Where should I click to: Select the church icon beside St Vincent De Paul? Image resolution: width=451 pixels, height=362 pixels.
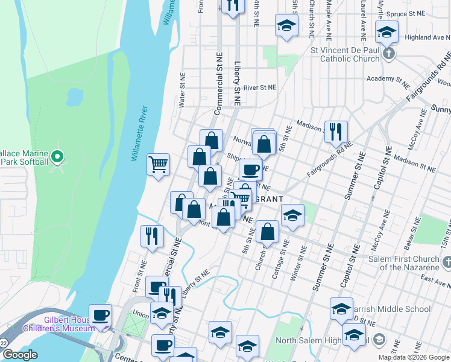coord(389,54)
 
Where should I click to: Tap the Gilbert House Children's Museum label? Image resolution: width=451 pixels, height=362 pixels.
coord(59,325)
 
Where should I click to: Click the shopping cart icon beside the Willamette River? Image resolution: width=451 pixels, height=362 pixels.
coord(158,164)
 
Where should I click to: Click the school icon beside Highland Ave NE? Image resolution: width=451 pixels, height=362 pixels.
coord(386,31)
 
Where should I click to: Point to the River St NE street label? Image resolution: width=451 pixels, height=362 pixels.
coord(259,87)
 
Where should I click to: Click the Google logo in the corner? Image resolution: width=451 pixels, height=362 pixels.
coord(19,355)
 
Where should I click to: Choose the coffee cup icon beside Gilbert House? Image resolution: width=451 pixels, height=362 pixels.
coord(100,314)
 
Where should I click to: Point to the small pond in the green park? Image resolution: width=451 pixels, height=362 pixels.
coord(75,96)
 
